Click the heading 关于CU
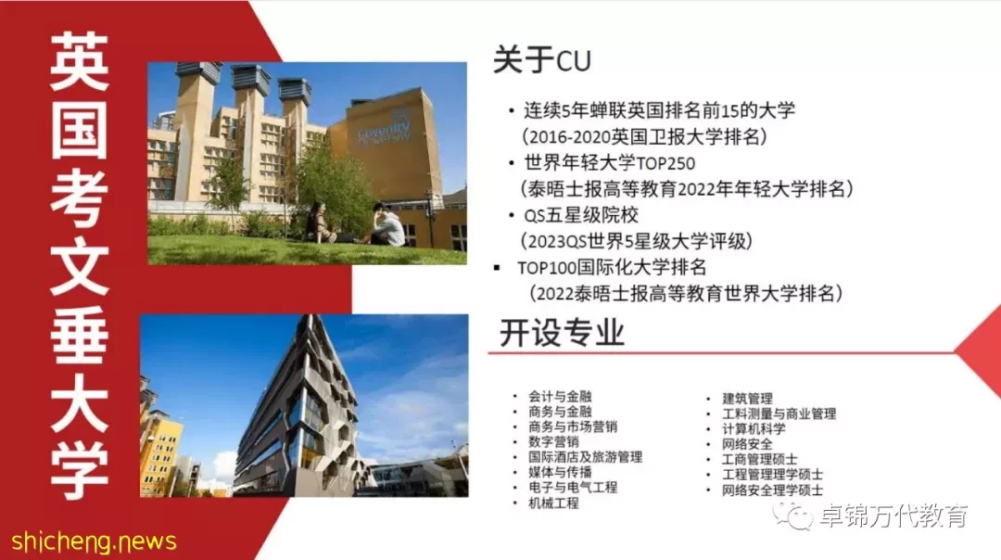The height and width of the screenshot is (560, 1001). pos(542,60)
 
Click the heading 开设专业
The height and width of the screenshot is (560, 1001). pos(562,333)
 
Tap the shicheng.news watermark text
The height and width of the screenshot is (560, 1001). pos(94,541)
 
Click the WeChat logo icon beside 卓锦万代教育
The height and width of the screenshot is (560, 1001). pos(792,515)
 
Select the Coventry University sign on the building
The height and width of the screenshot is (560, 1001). pos(385,130)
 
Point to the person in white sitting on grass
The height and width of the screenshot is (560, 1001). pos(387,224)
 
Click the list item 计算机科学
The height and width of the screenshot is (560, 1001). pos(754,428)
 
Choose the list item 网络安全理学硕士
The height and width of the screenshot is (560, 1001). pos(772,490)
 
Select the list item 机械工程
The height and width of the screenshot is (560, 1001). pos(553,503)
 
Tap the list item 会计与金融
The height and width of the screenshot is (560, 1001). pos(560,396)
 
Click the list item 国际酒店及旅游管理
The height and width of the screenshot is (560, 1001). pos(585,456)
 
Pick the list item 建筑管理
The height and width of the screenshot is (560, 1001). pos(747,399)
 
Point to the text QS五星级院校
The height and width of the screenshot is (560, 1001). pos(581,215)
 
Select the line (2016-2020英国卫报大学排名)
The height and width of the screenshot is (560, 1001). pos(644,136)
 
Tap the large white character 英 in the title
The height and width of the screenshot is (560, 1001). pos(79,62)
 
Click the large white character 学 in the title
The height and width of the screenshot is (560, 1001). pos(79,470)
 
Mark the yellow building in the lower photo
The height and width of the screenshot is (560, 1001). pos(161,453)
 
